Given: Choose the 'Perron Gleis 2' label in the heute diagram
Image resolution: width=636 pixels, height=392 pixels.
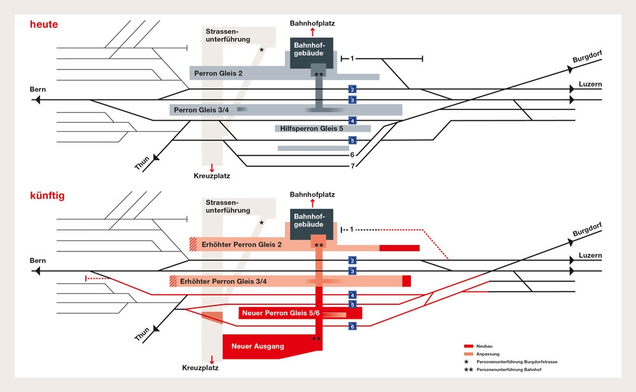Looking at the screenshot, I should [218, 74].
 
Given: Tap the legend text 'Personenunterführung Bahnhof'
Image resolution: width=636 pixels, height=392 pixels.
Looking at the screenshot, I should [515, 370].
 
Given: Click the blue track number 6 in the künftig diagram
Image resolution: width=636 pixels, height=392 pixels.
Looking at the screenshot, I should [353, 326].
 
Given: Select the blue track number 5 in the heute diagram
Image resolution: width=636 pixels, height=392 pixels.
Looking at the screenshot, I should [353, 141].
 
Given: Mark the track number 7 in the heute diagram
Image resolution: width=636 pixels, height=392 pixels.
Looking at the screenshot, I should [352, 166].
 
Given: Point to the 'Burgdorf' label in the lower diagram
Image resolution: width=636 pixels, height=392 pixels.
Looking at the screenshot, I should [586, 230].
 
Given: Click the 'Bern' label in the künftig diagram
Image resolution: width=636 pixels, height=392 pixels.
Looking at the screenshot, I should [38, 261].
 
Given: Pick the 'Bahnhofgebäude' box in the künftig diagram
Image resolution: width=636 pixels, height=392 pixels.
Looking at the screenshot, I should [312, 221].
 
